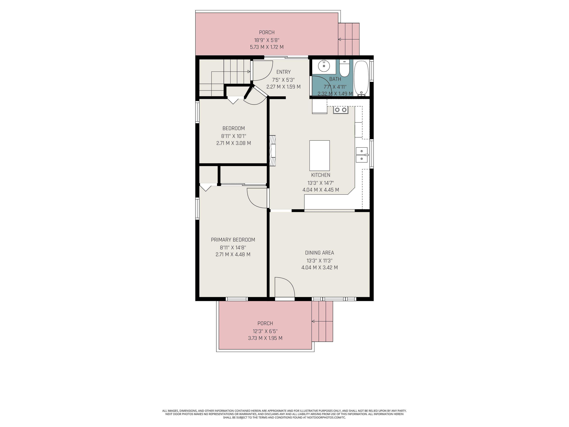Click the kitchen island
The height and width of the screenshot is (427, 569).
[319, 156]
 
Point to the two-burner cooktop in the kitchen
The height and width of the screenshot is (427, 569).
[341, 110]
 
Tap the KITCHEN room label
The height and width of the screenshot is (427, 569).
[321, 175]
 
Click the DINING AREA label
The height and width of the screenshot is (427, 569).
[319, 253]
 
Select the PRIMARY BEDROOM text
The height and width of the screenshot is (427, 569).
[233, 240]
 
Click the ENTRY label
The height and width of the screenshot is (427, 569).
[283, 72]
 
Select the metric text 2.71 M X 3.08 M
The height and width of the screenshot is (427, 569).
[233, 143]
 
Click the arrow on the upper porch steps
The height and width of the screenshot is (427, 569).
[340, 39]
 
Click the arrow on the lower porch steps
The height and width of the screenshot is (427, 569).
[313, 321]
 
